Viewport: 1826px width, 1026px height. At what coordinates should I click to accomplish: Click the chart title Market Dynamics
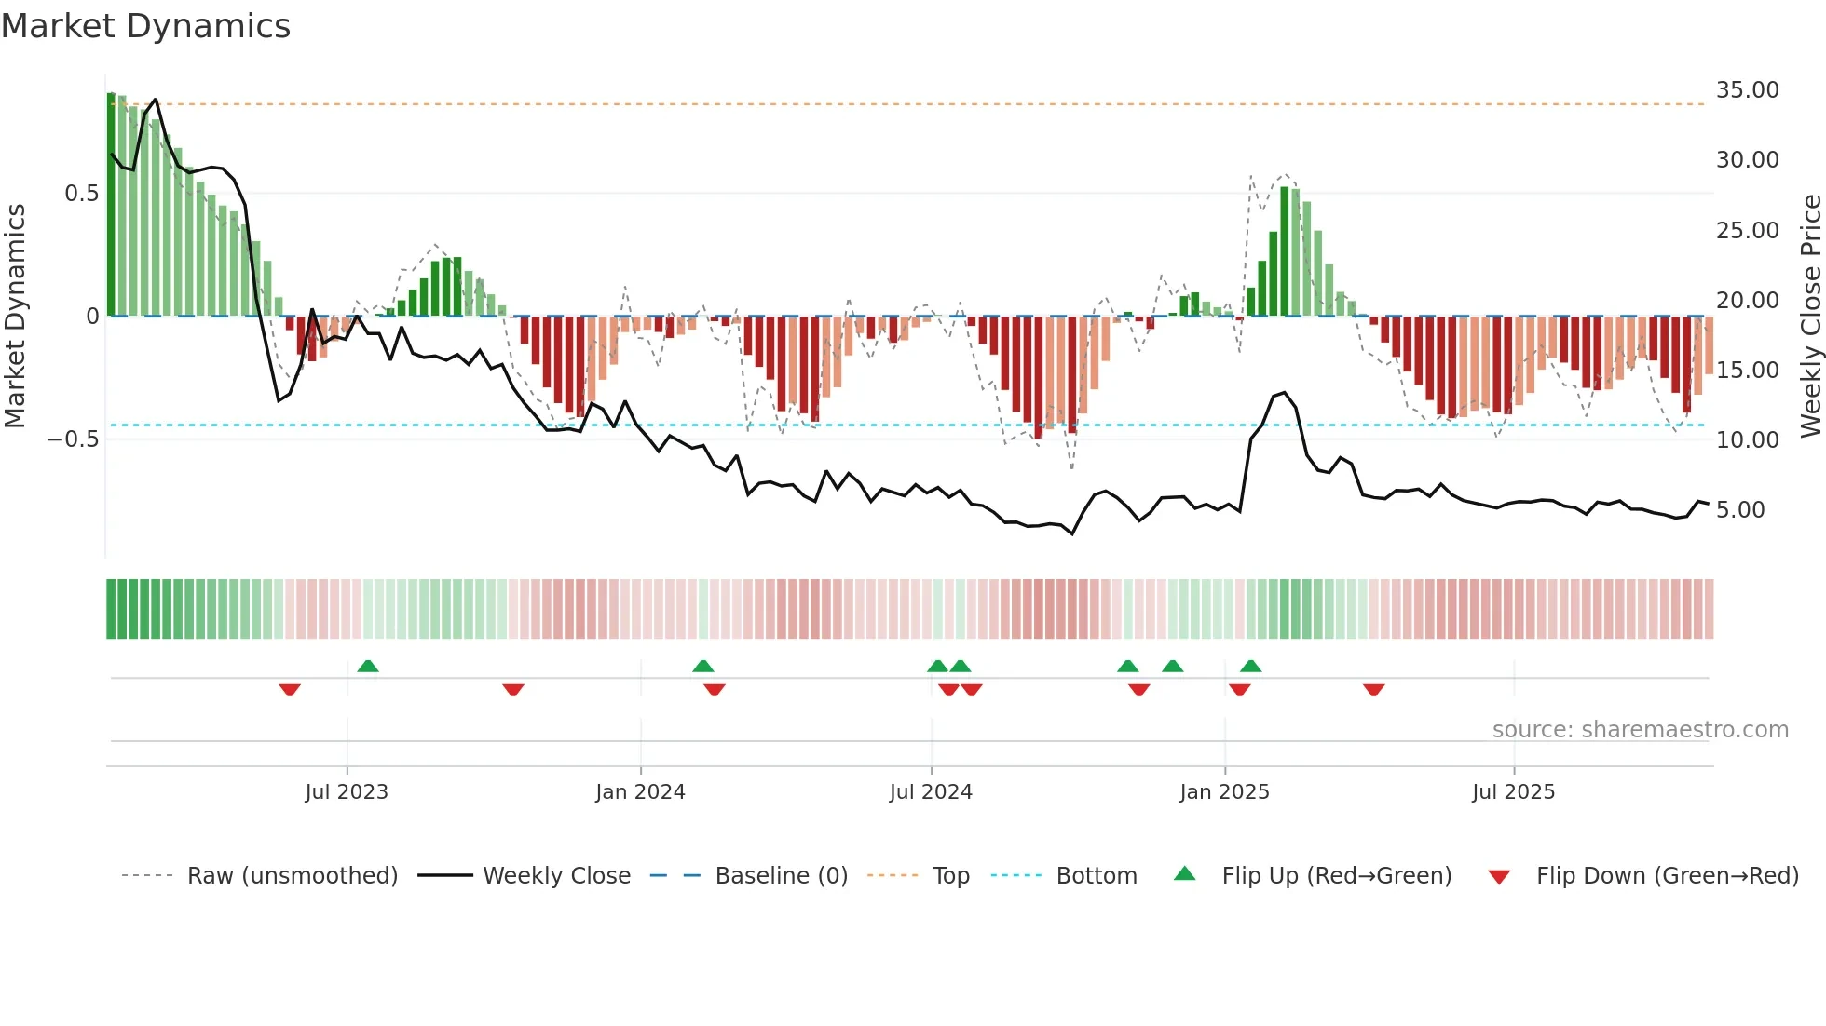tap(146, 26)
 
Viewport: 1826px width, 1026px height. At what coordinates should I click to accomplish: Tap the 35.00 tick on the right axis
tap(1747, 90)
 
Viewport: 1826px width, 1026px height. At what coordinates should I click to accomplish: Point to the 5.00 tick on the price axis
tap(1739, 510)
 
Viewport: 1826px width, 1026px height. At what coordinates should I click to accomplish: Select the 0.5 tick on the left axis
tap(81, 194)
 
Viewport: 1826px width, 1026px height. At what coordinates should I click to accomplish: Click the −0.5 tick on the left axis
tap(74, 439)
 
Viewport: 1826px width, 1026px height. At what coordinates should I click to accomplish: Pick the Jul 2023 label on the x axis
tap(347, 792)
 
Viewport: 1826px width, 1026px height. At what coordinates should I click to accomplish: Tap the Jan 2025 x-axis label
tap(1224, 792)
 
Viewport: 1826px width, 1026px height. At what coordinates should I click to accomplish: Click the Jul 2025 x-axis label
tap(1513, 792)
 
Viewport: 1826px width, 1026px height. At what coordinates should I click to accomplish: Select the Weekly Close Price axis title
tap(1810, 316)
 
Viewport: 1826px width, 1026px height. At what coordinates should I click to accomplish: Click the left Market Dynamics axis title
tap(15, 316)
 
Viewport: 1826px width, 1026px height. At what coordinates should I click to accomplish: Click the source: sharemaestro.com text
tap(1640, 730)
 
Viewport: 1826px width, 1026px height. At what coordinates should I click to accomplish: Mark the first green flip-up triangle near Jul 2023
tap(368, 666)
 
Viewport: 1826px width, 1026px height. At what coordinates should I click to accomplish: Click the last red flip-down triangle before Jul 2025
tap(1373, 690)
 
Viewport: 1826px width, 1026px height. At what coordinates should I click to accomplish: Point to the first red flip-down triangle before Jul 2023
tap(290, 690)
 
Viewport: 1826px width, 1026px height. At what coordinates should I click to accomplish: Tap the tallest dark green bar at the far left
tap(111, 205)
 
